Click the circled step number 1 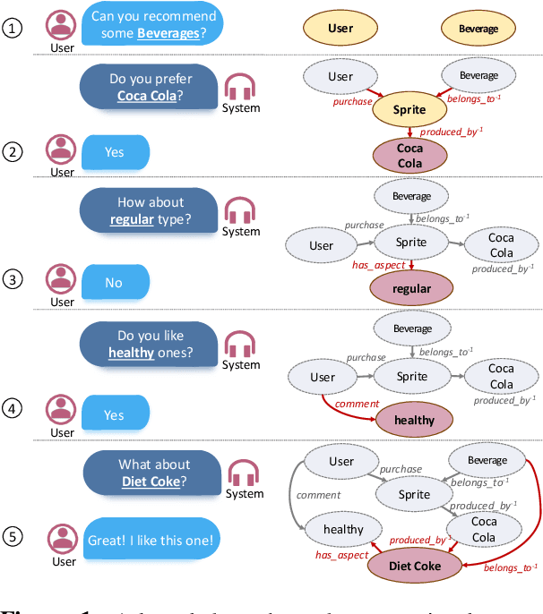coord(12,29)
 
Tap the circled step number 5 coord(12,537)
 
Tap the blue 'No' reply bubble coord(115,282)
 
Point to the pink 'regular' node coord(411,288)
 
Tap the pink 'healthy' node coord(413,419)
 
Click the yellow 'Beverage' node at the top coord(478,28)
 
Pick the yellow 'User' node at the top coord(340,28)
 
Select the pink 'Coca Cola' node coord(410,156)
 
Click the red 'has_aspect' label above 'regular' coord(374,266)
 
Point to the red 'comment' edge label coord(357,405)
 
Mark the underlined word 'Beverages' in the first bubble coord(169,34)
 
